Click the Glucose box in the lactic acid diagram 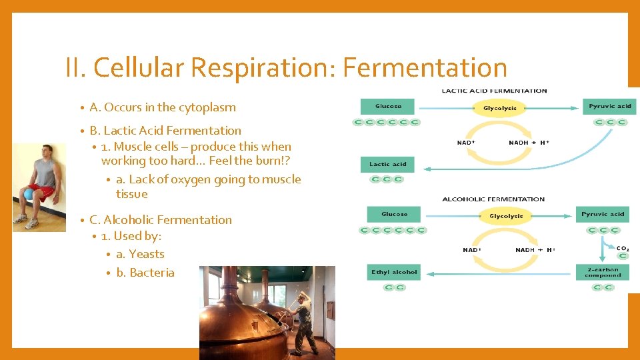point(387,106)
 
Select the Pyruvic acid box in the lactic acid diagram point(609,106)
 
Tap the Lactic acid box point(387,164)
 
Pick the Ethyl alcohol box point(394,272)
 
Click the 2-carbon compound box point(603,272)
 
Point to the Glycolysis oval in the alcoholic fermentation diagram point(506,216)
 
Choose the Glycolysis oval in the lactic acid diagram point(500,108)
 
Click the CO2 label point(622,249)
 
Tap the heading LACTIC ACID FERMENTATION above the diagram point(494,91)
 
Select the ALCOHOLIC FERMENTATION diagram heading point(493,199)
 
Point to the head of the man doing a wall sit point(46,151)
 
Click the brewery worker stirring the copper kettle point(304,320)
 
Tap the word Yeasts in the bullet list point(147,254)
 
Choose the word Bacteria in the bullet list point(152,273)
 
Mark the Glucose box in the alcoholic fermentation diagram point(394,214)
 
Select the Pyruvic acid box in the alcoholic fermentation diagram point(603,214)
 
